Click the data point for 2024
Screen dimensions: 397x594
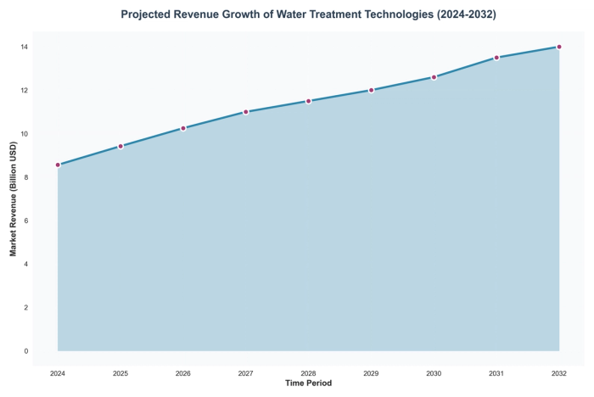click(x=58, y=165)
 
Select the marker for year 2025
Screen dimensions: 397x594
click(x=120, y=146)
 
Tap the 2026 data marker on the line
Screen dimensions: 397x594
click(x=183, y=128)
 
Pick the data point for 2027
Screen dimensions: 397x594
click(x=246, y=112)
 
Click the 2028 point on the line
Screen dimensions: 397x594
click(x=309, y=101)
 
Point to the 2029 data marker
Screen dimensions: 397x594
click(x=371, y=90)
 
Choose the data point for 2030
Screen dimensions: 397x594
click(x=434, y=77)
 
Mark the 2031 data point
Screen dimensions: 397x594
click(x=496, y=58)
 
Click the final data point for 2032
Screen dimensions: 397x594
click(x=559, y=47)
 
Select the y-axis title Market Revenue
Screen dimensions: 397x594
click(x=14, y=198)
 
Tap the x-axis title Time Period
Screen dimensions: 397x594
click(x=309, y=383)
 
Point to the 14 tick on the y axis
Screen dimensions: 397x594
click(x=25, y=47)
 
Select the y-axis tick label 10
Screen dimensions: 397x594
click(x=25, y=134)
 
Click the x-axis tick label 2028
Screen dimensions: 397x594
click(x=309, y=372)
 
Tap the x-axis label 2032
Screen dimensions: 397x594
click(x=559, y=372)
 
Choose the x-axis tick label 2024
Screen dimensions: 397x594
click(x=58, y=372)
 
